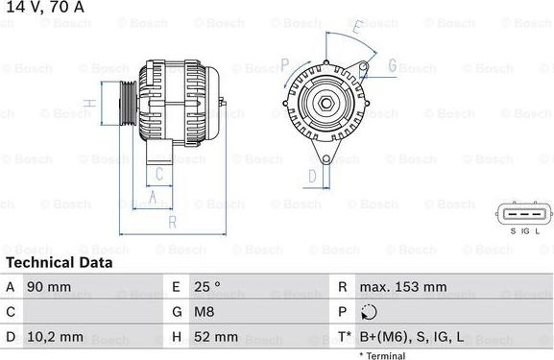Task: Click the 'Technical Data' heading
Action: coord(59,262)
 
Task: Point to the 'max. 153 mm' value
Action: coord(402,287)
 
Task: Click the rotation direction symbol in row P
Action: coord(370,312)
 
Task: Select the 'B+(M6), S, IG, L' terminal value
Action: coord(412,337)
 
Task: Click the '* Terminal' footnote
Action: coord(382,355)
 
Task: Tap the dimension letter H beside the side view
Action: coord(87,103)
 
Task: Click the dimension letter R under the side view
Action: coord(172,223)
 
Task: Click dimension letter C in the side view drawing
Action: coord(160,174)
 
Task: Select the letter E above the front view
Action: coord(358,29)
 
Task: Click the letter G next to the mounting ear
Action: coord(392,65)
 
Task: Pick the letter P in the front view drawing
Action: coord(284,65)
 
